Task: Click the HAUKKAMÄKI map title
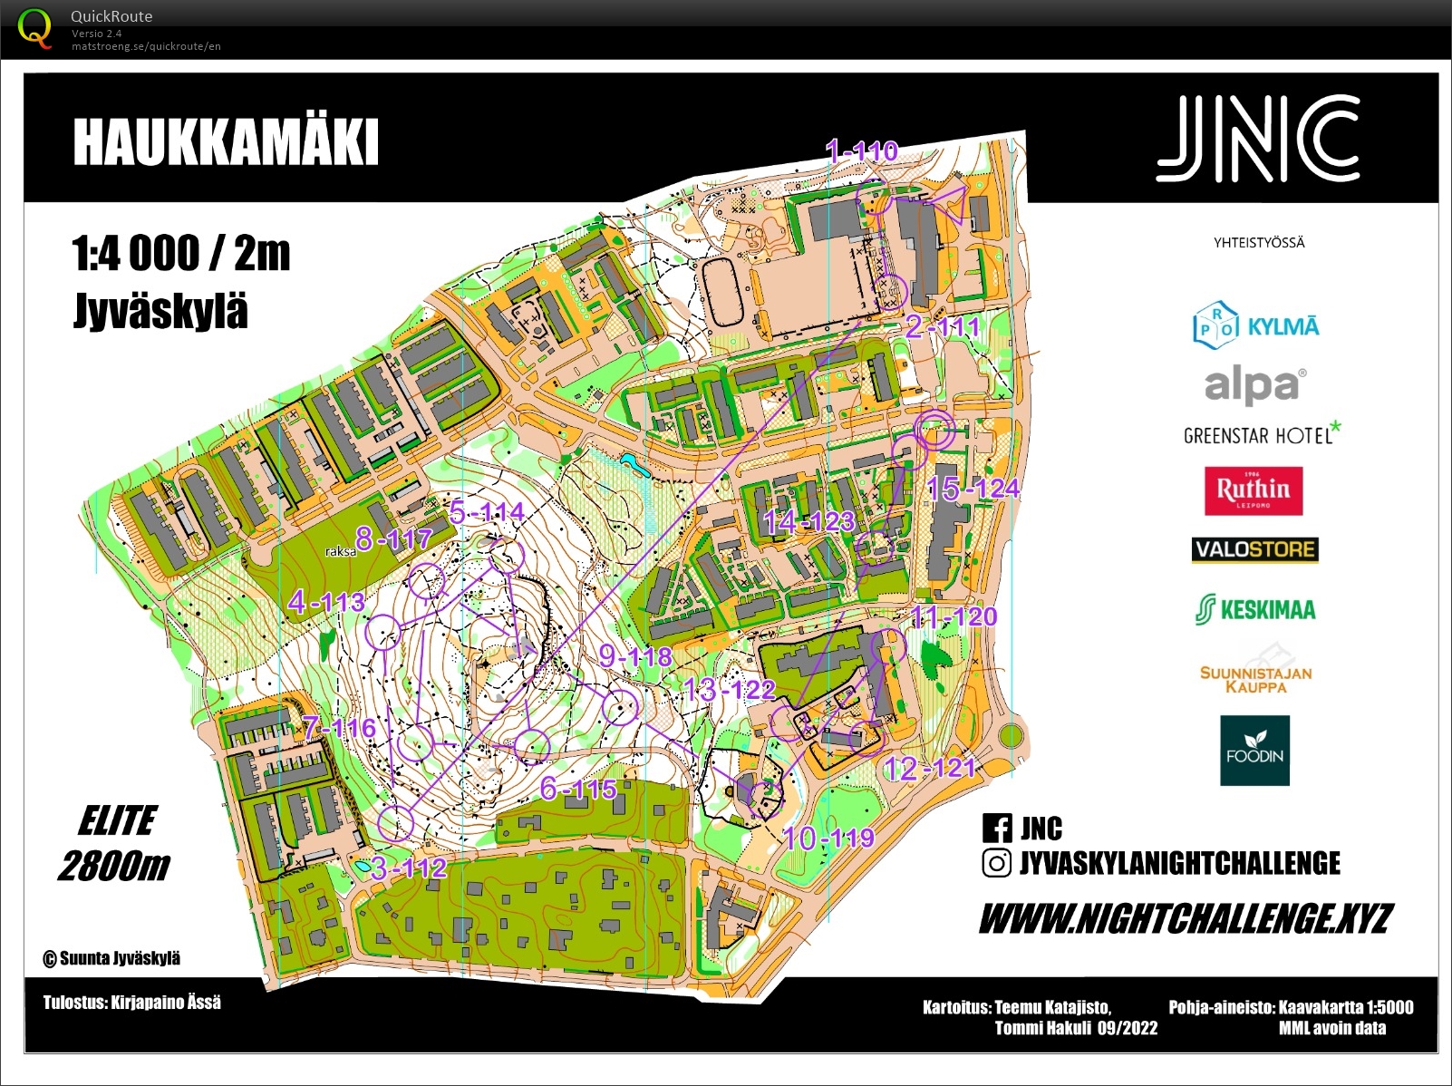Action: click(x=225, y=142)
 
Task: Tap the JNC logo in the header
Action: click(x=1258, y=139)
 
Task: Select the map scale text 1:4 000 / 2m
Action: click(x=180, y=254)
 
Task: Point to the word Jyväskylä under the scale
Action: click(x=160, y=311)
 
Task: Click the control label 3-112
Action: click(x=409, y=868)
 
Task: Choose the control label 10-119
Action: click(x=828, y=838)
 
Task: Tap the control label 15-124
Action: click(x=973, y=489)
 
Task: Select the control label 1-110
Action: click(x=861, y=150)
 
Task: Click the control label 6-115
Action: click(x=578, y=789)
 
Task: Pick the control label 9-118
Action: click(x=635, y=656)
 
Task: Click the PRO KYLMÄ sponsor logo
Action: click(x=1255, y=325)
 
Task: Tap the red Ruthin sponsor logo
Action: click(x=1254, y=490)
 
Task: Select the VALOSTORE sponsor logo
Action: click(x=1254, y=549)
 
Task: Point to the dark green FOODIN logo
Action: click(x=1254, y=751)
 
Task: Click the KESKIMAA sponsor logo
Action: click(x=1255, y=609)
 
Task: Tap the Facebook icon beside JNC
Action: click(x=996, y=828)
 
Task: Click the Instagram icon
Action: click(x=996, y=863)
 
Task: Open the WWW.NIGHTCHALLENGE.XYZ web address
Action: click(x=1186, y=919)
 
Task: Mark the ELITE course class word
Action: click(x=118, y=821)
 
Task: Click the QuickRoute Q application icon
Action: click(x=34, y=27)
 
